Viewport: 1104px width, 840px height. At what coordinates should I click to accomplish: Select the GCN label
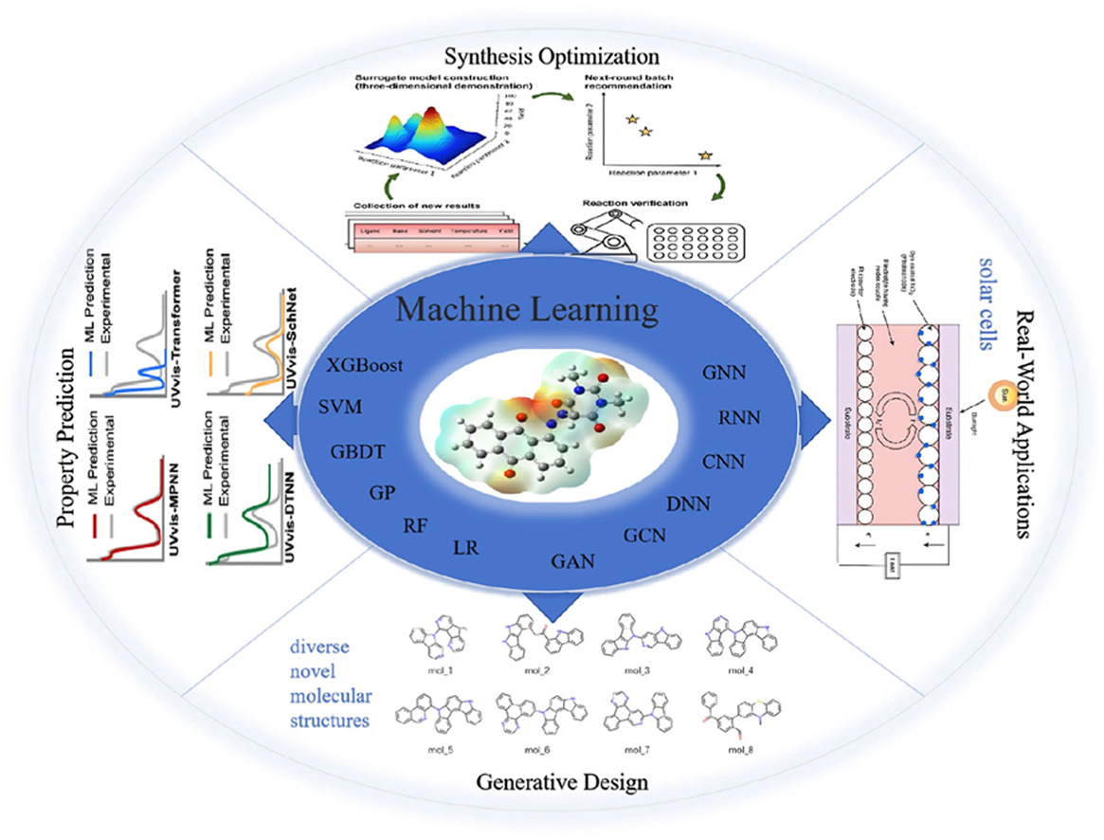644,535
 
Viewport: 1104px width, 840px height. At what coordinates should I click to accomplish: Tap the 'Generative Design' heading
552,782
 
